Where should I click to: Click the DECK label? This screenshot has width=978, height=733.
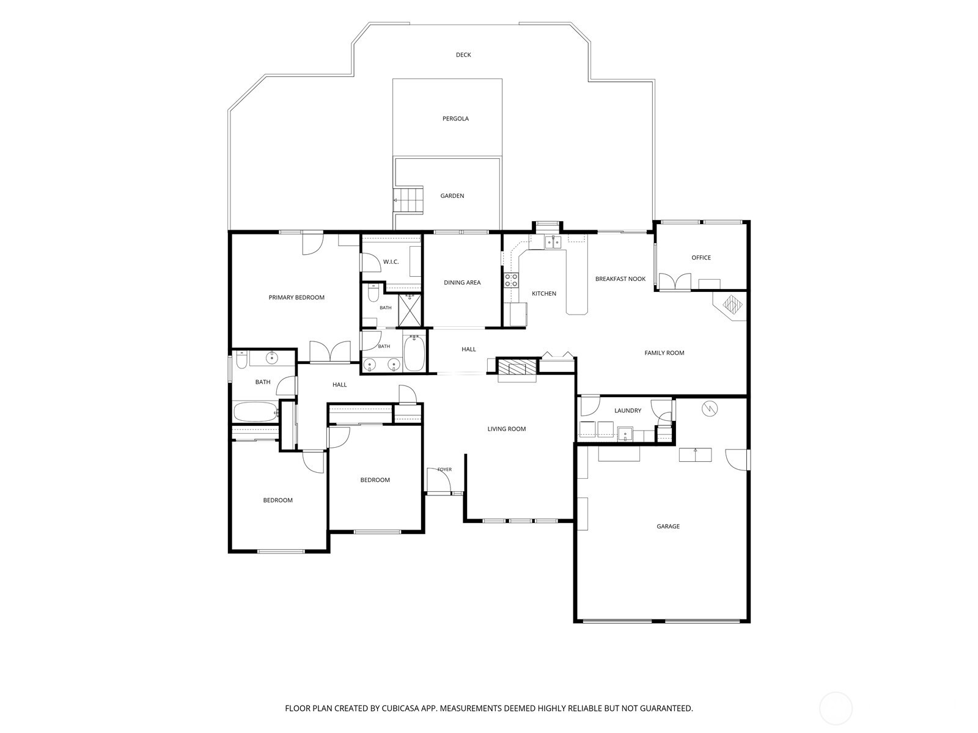(463, 55)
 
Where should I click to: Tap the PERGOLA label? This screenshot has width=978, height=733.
(455, 119)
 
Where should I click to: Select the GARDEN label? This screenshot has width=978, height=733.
(452, 196)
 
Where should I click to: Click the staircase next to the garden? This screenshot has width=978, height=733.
(408, 200)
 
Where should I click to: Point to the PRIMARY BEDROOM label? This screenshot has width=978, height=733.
(296, 297)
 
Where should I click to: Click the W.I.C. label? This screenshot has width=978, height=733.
(391, 261)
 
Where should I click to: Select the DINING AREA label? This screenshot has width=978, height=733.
(462, 282)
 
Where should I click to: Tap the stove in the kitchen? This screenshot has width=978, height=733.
(511, 280)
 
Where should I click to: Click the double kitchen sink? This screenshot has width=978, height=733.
(553, 242)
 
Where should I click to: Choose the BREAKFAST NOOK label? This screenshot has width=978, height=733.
(620, 279)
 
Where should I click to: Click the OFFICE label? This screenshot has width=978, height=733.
(701, 258)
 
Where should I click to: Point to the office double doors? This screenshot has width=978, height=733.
(675, 282)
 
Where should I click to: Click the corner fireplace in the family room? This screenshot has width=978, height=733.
(729, 306)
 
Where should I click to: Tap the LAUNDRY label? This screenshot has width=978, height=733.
(628, 410)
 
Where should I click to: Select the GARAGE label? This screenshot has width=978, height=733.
(668, 526)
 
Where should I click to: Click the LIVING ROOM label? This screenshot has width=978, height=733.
(507, 429)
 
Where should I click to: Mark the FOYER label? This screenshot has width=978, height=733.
(444, 470)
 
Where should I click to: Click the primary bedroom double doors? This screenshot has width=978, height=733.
(330, 352)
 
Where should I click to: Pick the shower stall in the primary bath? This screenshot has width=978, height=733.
(410, 310)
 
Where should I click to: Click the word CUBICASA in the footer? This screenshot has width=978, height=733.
(401, 708)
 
